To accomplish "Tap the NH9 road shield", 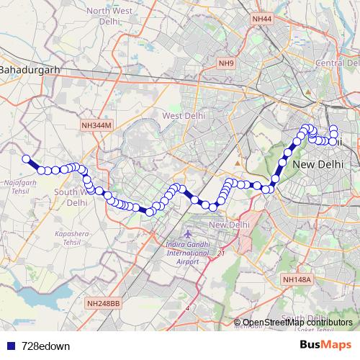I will (227, 63).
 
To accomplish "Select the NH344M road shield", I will (96, 125).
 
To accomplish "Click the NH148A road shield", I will (297, 279).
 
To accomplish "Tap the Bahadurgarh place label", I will (30, 70).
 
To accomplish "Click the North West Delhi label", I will (109, 16).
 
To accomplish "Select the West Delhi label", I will (184, 115).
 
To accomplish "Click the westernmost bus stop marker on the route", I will (26, 159).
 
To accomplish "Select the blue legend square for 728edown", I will (11, 346).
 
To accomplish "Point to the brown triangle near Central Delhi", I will (308, 91).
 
